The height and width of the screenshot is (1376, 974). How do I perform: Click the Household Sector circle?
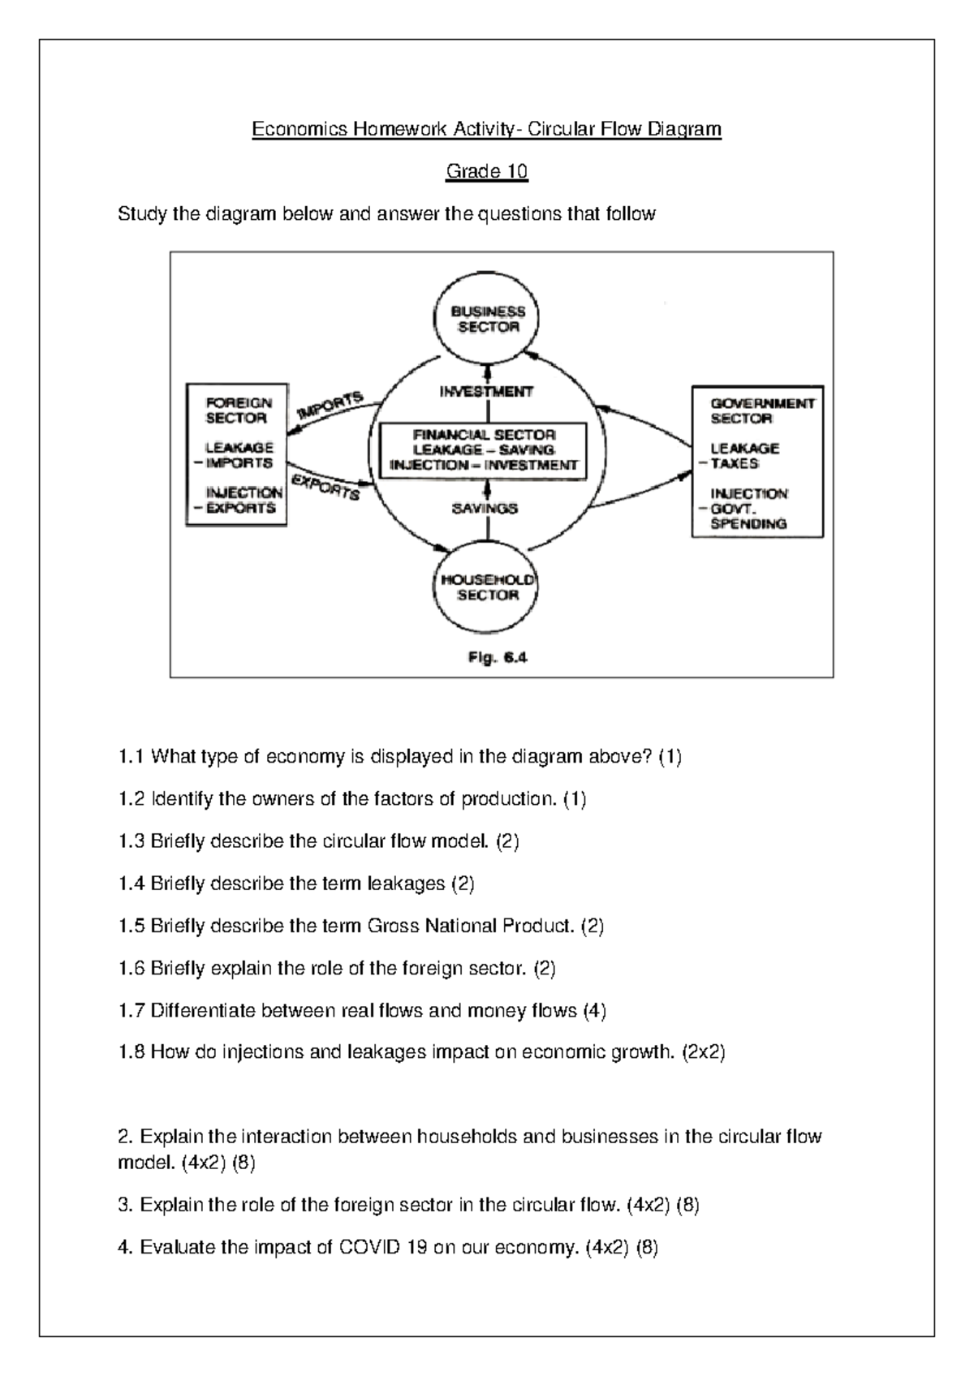click(487, 587)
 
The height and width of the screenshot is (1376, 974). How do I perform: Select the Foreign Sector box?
click(236, 454)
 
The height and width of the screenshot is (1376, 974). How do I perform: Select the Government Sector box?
click(757, 462)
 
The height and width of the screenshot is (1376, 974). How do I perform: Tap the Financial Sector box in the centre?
click(484, 450)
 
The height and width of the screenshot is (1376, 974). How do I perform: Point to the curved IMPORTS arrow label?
click(330, 404)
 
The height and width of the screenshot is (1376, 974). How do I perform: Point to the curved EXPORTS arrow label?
click(325, 487)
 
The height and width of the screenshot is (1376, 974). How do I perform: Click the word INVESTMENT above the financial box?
click(486, 392)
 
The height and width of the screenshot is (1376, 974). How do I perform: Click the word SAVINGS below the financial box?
click(485, 509)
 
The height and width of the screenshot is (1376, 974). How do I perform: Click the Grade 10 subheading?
click(486, 171)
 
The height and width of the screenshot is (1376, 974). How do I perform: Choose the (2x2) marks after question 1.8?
click(703, 1052)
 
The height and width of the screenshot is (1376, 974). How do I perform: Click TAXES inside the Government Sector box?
click(735, 463)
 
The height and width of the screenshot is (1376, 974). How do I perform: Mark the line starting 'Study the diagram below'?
click(386, 214)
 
